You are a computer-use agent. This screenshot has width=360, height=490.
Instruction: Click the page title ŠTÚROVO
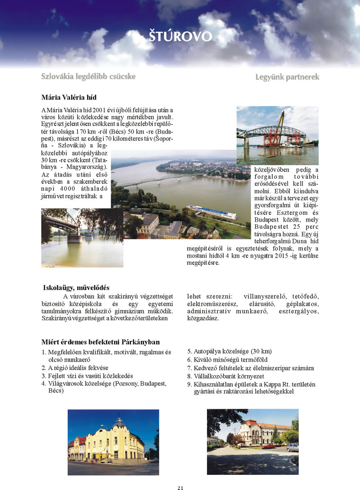[x=180, y=36]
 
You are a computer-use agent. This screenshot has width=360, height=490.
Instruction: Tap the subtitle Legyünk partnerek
[x=287, y=77]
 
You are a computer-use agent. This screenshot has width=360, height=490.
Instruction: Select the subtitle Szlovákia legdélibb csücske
[x=88, y=77]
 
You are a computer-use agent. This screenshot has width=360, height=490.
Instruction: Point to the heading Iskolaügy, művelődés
[x=76, y=288]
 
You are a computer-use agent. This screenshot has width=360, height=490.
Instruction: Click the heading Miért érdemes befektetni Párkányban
[x=100, y=342]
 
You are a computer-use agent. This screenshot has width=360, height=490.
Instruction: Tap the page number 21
[x=180, y=487]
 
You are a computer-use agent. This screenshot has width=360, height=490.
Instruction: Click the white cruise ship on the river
[x=211, y=212]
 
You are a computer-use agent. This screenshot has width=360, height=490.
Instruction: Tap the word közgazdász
[x=203, y=318]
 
